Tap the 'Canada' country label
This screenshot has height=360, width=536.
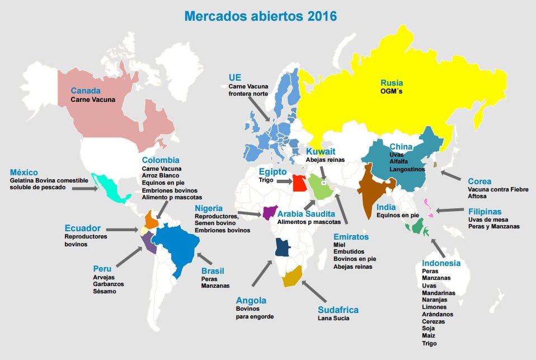86,91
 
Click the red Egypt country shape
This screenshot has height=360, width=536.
300,183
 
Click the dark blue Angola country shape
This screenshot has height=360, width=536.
283,247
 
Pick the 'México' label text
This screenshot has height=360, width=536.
24,172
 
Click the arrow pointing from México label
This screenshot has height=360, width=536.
87,189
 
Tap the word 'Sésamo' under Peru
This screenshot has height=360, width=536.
105,292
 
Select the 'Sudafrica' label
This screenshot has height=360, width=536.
337,310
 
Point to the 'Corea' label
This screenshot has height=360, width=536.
479,181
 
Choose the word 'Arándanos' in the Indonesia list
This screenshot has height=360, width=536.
438,315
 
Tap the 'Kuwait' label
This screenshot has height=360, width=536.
321,151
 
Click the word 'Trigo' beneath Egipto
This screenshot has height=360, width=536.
266,180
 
